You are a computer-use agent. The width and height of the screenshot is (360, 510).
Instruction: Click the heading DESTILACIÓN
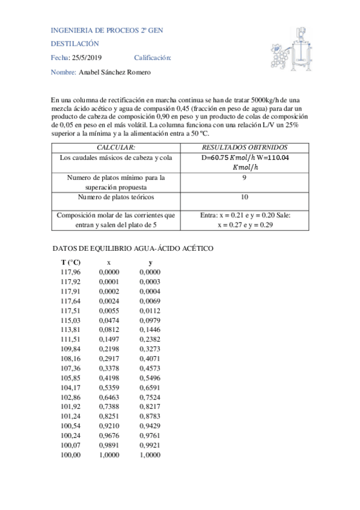tap(75, 44)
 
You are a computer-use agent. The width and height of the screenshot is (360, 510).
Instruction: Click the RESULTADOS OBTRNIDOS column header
tap(245, 147)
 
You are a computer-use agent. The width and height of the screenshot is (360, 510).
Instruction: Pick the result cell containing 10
tap(244, 197)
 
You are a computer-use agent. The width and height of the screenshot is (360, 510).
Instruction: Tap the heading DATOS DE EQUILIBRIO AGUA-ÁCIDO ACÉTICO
tap(133, 248)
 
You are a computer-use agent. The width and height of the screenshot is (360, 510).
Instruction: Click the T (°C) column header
tap(71, 263)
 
